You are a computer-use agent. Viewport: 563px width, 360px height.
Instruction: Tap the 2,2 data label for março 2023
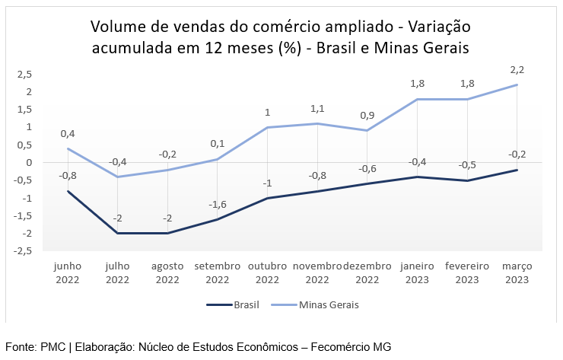pyautogui.click(x=517, y=69)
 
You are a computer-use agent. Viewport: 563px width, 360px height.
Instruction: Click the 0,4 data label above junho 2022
pyautogui.click(x=68, y=134)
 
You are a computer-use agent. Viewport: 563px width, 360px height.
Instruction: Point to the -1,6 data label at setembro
pyautogui.click(x=217, y=204)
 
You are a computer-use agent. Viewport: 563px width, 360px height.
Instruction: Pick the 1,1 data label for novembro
pyautogui.click(x=317, y=108)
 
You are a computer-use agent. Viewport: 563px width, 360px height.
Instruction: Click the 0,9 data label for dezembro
pyautogui.click(x=367, y=116)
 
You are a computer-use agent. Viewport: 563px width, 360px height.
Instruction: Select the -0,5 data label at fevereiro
pyautogui.click(x=467, y=165)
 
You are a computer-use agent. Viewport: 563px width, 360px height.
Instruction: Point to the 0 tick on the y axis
pyautogui.click(x=29, y=163)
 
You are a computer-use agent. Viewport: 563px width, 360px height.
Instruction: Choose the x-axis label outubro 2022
pyautogui.click(x=267, y=273)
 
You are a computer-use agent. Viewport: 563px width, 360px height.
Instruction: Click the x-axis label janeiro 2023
pyautogui.click(x=417, y=273)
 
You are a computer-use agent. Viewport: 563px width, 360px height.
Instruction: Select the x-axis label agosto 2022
pyautogui.click(x=167, y=273)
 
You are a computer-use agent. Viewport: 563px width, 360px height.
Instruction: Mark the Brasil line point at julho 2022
pyautogui.click(x=118, y=233)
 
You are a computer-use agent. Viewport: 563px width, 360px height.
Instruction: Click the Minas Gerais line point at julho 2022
pyautogui.click(x=118, y=177)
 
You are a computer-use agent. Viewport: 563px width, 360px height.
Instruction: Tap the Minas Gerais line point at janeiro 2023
pyautogui.click(x=417, y=99)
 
